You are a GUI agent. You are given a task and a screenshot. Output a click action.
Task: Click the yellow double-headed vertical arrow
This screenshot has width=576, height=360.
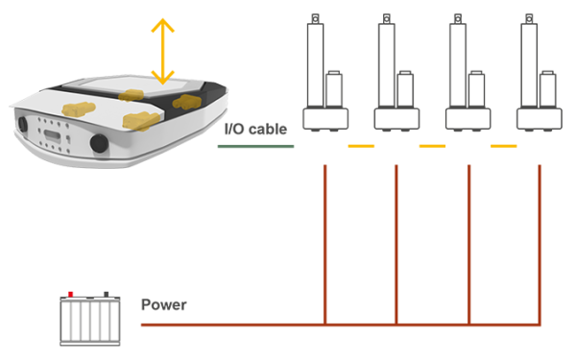coord(162,52)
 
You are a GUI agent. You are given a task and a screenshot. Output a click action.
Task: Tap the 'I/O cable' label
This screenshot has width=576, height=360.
coord(255,129)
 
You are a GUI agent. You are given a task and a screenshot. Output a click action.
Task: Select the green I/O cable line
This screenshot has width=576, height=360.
coord(255,146)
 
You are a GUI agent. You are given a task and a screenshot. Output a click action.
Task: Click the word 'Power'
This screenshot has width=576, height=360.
coord(164,304)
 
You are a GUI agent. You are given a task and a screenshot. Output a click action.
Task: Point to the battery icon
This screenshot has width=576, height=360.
coord(90,319)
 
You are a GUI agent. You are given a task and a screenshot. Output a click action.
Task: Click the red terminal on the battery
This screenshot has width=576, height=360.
coord(70,295)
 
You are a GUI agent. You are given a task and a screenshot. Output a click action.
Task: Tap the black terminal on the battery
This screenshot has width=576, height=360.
coord(107,295)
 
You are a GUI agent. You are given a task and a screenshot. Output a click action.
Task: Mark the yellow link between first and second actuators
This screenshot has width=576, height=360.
coord(361,146)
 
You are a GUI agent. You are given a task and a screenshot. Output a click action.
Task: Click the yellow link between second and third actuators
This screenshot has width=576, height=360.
coord(432,146)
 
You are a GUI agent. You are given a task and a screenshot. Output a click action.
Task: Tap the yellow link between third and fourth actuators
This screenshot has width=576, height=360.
coord(504,146)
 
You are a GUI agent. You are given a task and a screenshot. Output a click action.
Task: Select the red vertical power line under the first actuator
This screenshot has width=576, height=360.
coord(325,245)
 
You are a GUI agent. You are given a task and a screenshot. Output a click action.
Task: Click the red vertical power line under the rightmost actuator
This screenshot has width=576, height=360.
coord(540,245)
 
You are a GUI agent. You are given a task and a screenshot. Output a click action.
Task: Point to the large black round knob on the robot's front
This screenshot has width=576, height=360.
coord(99,143)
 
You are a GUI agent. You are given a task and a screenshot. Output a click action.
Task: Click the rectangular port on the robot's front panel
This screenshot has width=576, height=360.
coord(53,135)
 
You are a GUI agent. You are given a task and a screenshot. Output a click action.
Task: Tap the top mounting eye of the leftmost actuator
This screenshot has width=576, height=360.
coord(315,18)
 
